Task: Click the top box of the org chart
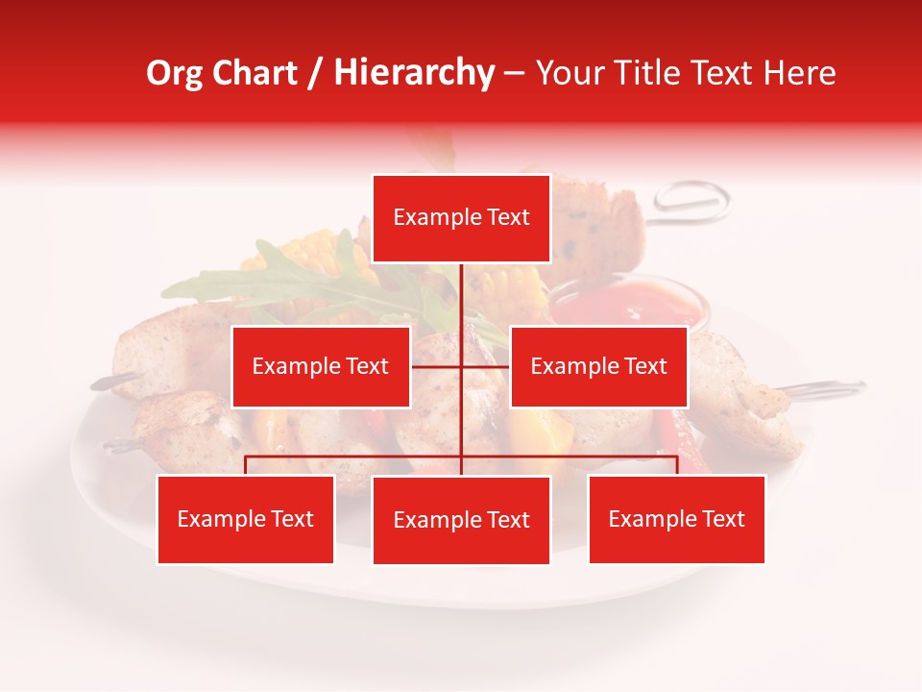[461, 218]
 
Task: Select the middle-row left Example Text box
[321, 366]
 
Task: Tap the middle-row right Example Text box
[598, 366]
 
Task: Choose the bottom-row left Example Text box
[245, 519]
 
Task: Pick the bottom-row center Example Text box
[461, 520]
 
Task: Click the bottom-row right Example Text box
[676, 519]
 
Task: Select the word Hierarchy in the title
[414, 73]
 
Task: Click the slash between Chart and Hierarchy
[316, 74]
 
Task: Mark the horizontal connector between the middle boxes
[461, 366]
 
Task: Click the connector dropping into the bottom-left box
[245, 465]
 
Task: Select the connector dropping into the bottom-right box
[676, 465]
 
